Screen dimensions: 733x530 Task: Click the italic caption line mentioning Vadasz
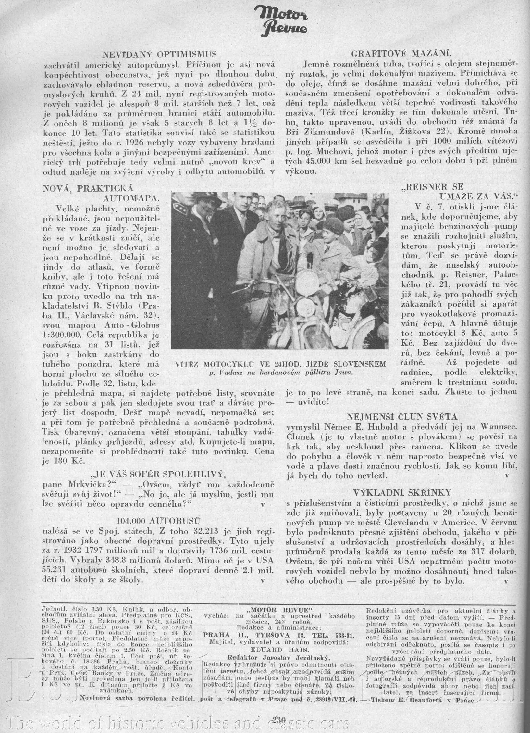(x=281, y=373)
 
